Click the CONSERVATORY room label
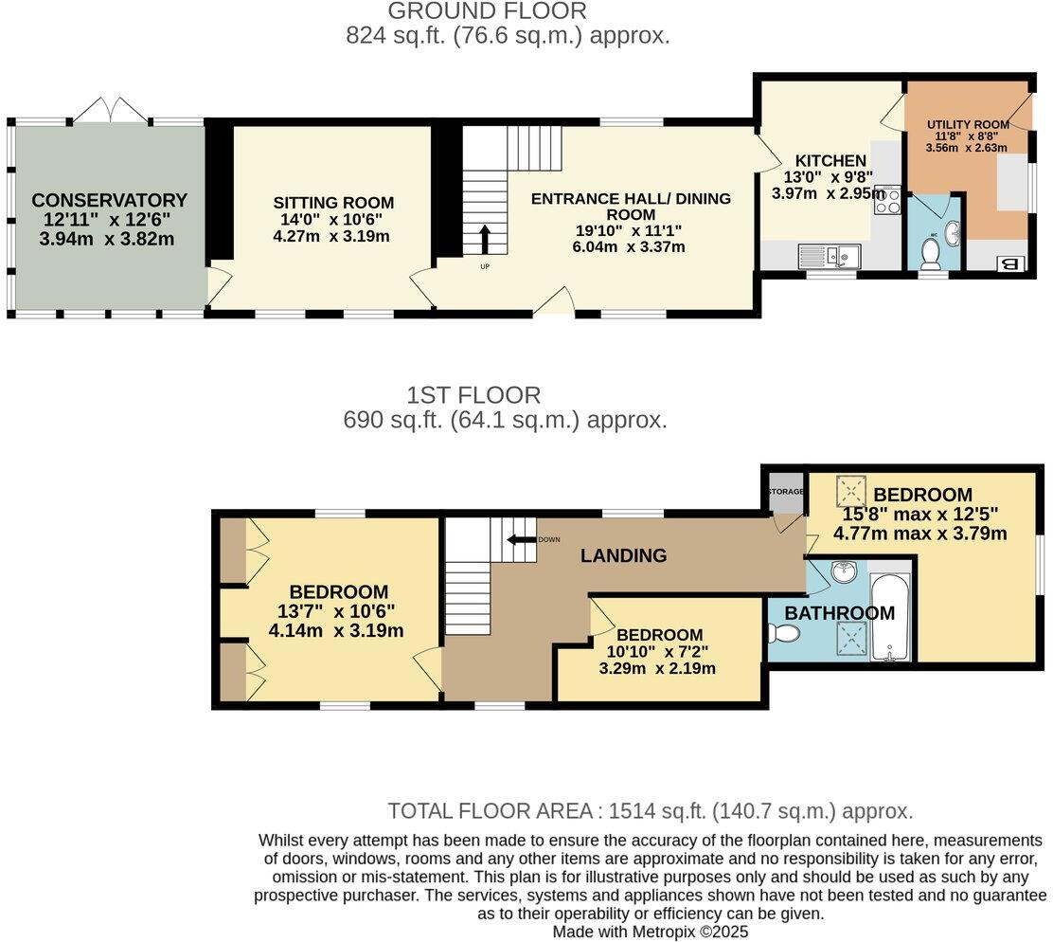coord(109,200)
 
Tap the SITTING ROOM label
coord(333,203)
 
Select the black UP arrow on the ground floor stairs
coord(486,239)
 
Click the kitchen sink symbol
coord(829,254)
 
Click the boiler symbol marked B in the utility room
coord(1009,264)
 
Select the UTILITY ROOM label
coord(967,125)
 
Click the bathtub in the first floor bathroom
coord(889,617)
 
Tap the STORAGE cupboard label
coord(785,492)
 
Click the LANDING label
coord(623,555)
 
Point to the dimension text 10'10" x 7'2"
coord(657,652)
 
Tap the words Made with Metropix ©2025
coord(650,932)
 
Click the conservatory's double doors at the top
coord(112,111)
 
